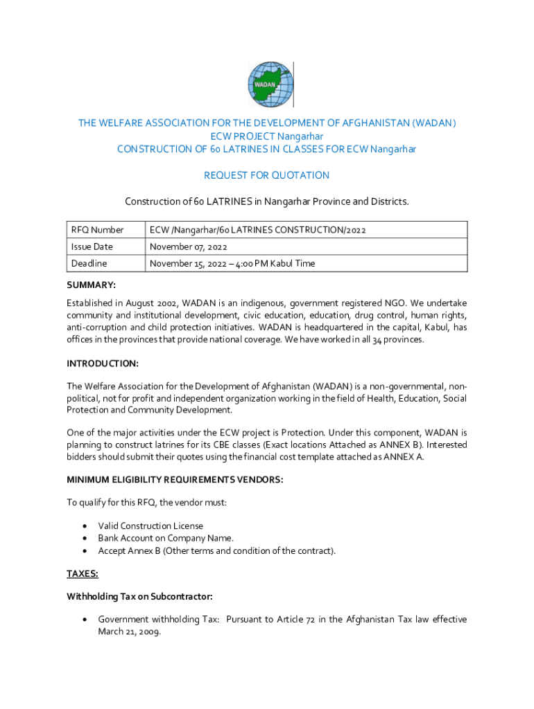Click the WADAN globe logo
(x=270, y=84)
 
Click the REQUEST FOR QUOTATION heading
(x=267, y=175)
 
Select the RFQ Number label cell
(x=97, y=230)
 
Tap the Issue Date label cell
(x=92, y=246)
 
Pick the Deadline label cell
(x=89, y=263)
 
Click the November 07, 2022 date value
(x=189, y=246)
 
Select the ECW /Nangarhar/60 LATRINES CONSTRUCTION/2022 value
(x=257, y=230)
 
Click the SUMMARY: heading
(x=91, y=285)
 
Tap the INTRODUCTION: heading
(x=103, y=364)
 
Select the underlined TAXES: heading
(x=83, y=573)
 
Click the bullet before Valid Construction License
(x=84, y=526)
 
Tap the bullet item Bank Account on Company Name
(x=166, y=538)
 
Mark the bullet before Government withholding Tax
(x=84, y=620)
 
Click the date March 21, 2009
(x=129, y=631)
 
